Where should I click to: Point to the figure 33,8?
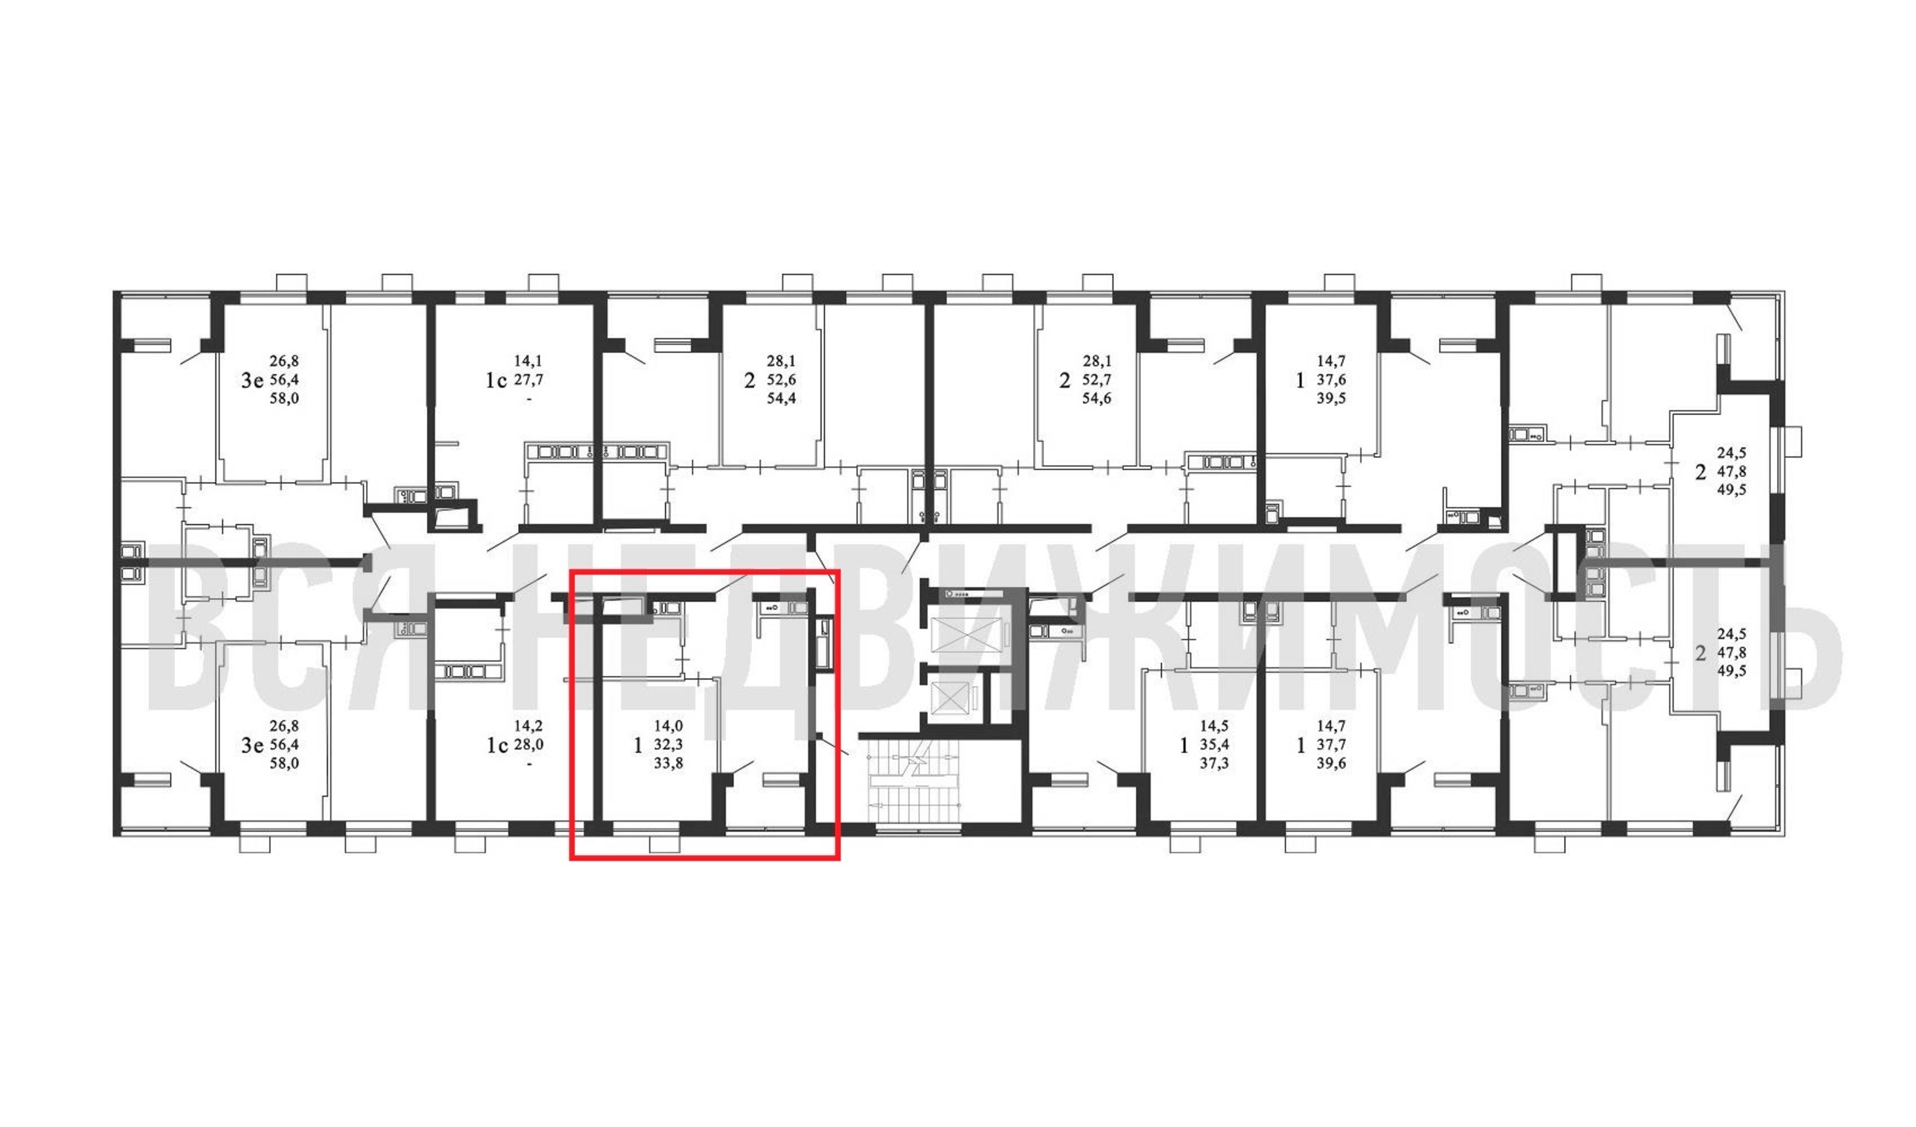[668, 763]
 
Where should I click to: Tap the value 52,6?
[781, 379]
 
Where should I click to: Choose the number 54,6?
[1097, 398]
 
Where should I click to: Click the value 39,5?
[1331, 398]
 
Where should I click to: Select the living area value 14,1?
[529, 361]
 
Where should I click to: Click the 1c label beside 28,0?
[496, 746]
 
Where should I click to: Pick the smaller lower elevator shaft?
[951, 698]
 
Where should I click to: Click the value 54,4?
[781, 398]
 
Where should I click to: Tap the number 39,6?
[1331, 763]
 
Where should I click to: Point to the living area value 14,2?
[529, 726]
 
